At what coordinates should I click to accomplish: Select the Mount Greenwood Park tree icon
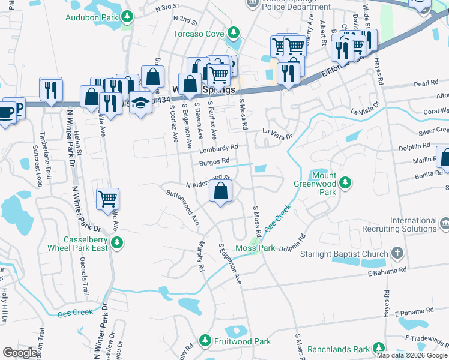tap(345, 182)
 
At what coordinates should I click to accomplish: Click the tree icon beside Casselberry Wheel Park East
tap(118, 242)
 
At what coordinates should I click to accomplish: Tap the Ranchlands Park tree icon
tap(378, 348)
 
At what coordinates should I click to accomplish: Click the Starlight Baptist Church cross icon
tap(396, 253)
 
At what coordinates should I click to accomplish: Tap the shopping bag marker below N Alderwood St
tap(221, 191)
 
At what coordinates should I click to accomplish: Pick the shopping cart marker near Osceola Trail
tap(107, 198)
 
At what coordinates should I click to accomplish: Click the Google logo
tap(20, 353)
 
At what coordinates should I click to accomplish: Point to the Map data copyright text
tap(412, 355)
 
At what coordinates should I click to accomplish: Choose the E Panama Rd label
tap(414, 312)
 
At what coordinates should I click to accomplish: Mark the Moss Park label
tap(255, 248)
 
